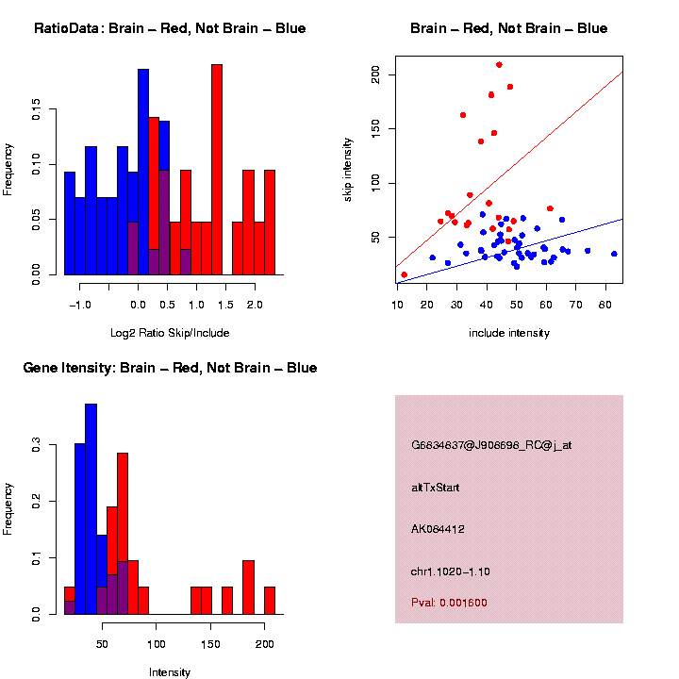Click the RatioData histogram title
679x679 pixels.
point(170,28)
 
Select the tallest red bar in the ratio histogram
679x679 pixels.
point(217,170)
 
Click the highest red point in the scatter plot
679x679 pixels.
point(499,65)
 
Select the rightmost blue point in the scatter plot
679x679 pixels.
point(614,254)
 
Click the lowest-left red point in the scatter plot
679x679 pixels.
point(405,274)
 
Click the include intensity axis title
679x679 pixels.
point(509,332)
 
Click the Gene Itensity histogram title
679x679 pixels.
point(170,368)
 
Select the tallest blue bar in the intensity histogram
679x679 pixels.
point(91,509)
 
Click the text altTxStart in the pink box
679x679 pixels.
point(435,488)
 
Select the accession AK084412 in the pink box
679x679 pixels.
point(439,529)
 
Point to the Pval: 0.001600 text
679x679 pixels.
point(449,603)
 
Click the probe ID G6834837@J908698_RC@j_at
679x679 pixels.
point(490,445)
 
